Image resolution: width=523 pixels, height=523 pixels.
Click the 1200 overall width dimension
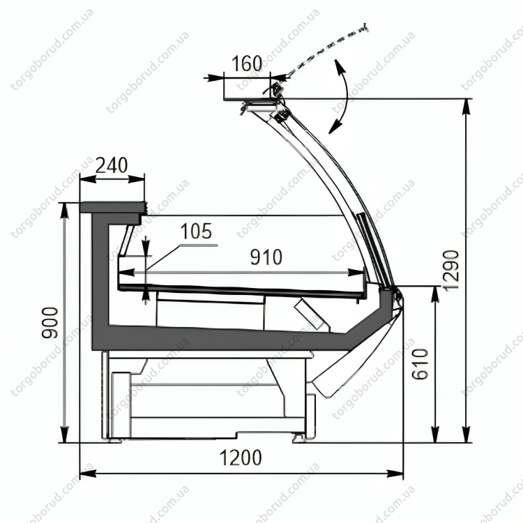point(241,457)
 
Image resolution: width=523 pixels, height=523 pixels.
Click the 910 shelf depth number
point(266,257)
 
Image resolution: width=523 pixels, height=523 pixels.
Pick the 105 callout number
point(196,231)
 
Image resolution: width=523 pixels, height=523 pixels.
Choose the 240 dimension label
point(112,165)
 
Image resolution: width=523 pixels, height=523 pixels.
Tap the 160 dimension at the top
point(246,63)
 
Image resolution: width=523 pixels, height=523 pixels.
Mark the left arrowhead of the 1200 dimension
point(88,473)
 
